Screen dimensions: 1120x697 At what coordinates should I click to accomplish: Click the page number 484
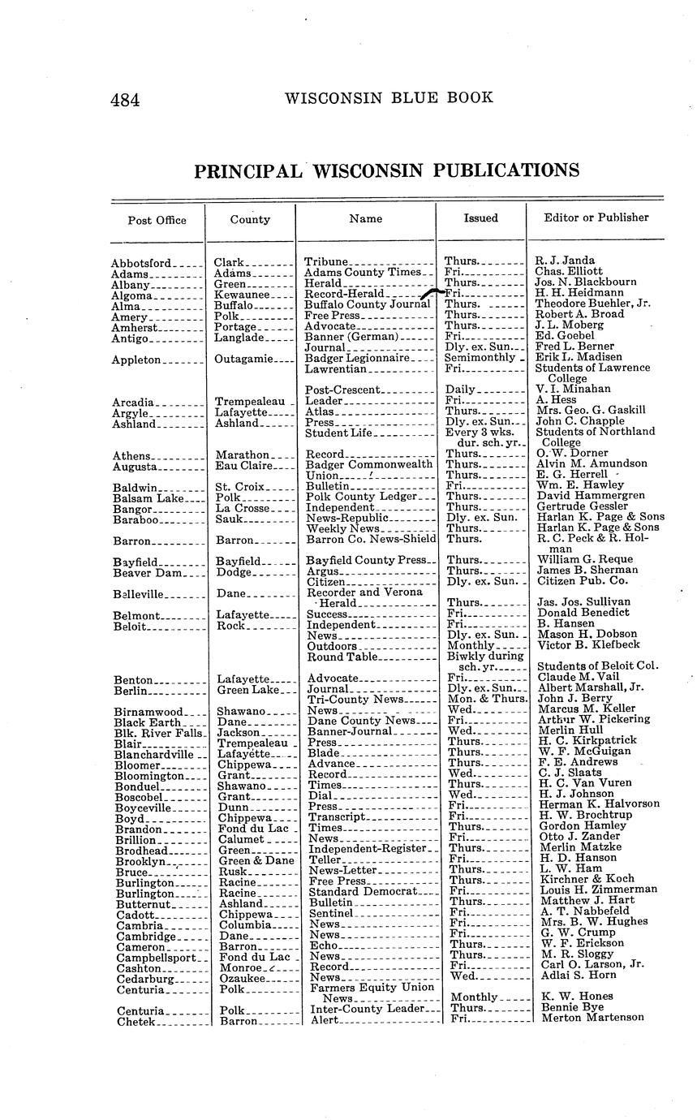pyautogui.click(x=126, y=100)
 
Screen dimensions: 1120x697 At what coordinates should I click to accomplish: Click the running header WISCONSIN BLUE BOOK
pyautogui.click(x=389, y=98)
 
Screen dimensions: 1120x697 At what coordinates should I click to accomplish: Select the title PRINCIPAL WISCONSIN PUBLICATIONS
pyautogui.click(x=386, y=170)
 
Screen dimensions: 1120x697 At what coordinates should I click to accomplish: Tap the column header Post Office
pyautogui.click(x=157, y=220)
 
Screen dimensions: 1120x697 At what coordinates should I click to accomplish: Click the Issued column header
pyautogui.click(x=480, y=218)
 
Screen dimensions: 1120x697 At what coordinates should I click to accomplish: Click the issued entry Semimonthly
pyautogui.click(x=480, y=358)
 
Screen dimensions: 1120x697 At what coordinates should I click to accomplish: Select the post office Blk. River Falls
pyautogui.click(x=158, y=731)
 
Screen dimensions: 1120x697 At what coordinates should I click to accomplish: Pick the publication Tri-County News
pyautogui.click(x=355, y=699)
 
